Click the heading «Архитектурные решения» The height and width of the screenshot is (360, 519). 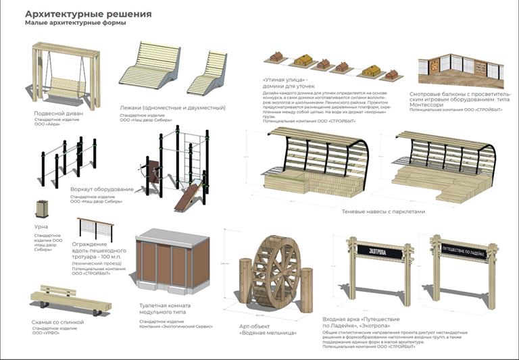click(x=88, y=14)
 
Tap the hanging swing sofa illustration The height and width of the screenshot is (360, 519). click(x=66, y=76)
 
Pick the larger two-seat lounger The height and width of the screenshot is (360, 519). click(x=150, y=65)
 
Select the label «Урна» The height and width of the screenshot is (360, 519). click(x=41, y=228)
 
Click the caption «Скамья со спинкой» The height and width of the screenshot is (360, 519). click(x=58, y=322)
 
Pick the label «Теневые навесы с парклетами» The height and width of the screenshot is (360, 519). click(x=384, y=211)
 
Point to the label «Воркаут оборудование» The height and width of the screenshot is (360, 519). click(x=102, y=189)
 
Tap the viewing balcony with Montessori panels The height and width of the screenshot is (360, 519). click(x=460, y=70)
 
